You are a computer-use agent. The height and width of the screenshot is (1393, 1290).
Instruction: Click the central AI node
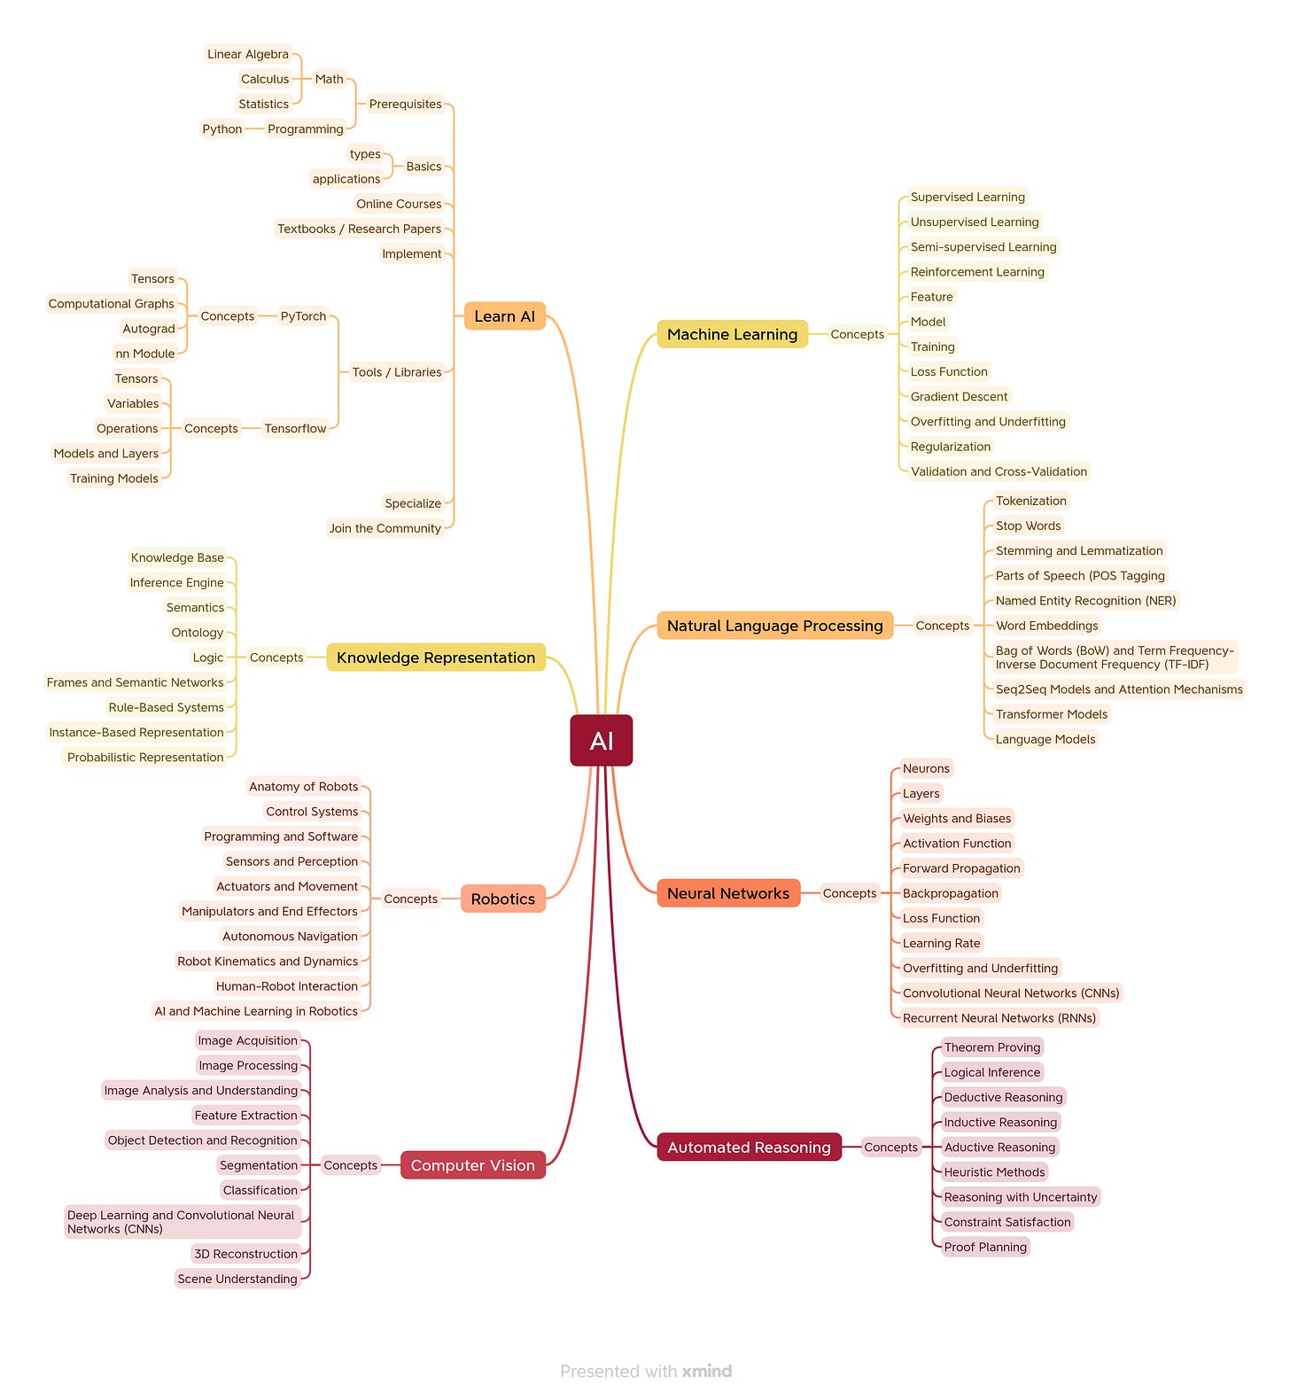(601, 740)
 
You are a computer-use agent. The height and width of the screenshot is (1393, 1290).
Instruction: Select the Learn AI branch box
(504, 316)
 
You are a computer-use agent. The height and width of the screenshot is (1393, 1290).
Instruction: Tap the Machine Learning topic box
(732, 334)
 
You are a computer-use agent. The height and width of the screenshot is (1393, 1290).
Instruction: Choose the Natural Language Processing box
(774, 626)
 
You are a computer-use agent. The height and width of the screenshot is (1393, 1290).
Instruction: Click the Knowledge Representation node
(436, 658)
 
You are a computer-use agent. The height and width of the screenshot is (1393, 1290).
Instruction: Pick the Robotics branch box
(502, 899)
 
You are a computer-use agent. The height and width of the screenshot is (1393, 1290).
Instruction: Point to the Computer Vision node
(472, 1165)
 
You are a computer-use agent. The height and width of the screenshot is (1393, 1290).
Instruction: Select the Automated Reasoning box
(749, 1147)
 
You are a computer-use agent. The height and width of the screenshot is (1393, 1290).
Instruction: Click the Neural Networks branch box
(727, 893)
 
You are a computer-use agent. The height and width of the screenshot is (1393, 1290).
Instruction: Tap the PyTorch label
(303, 316)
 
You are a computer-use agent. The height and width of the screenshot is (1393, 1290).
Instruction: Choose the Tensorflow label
(295, 429)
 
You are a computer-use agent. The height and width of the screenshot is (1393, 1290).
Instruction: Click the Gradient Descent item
(959, 397)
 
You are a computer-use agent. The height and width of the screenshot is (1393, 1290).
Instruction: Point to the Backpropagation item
(950, 893)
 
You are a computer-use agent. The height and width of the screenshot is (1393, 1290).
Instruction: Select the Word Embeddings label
(1046, 626)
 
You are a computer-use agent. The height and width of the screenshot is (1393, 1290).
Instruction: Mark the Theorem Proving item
(991, 1047)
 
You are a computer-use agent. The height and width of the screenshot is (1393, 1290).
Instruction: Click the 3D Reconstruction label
(245, 1254)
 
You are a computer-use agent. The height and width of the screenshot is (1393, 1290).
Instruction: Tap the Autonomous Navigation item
(290, 937)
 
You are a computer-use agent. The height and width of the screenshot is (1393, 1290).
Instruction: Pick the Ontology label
(197, 633)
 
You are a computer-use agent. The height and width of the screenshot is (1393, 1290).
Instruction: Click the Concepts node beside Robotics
(410, 899)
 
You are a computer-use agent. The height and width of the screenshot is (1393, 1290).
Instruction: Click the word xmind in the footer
(707, 1371)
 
